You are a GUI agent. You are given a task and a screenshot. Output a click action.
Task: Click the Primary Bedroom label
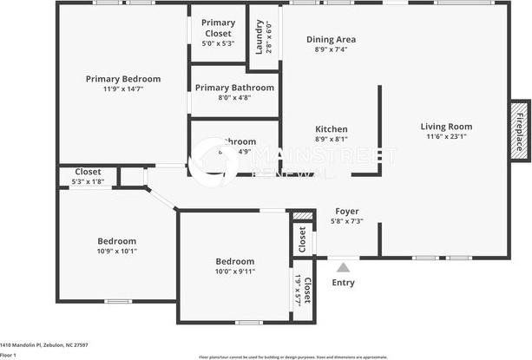click(x=122, y=79)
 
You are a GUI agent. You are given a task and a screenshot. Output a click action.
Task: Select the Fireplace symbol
click(x=520, y=128)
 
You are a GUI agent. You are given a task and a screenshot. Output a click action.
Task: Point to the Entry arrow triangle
click(x=344, y=268)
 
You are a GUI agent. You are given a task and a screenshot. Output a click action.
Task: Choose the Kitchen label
click(x=331, y=128)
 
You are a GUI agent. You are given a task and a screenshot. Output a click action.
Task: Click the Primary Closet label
click(x=217, y=28)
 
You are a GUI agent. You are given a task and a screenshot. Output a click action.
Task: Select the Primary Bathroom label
click(x=234, y=88)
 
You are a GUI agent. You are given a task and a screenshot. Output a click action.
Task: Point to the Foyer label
click(x=347, y=211)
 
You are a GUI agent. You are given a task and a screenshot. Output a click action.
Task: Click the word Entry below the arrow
click(x=344, y=283)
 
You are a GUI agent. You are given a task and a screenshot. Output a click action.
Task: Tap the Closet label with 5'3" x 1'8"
click(x=88, y=172)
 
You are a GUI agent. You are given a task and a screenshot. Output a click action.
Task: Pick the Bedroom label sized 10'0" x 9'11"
click(x=235, y=261)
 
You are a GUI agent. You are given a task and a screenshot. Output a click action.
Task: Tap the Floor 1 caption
click(x=9, y=355)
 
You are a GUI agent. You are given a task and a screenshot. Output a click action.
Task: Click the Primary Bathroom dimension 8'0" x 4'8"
click(x=234, y=98)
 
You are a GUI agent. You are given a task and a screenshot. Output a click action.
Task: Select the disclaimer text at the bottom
click(x=292, y=356)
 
